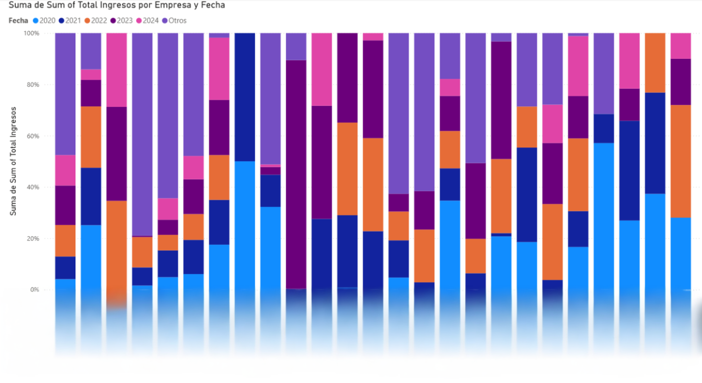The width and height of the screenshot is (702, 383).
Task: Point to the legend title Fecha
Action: pyautogui.click(x=18, y=21)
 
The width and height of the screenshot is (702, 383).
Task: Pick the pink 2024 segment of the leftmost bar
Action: pyautogui.click(x=65, y=170)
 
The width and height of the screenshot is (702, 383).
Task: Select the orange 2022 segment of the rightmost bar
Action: pyautogui.click(x=680, y=161)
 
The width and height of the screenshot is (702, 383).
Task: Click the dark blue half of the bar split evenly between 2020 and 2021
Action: pyautogui.click(x=245, y=97)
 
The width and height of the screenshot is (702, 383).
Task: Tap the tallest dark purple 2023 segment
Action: pyautogui.click(x=296, y=174)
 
